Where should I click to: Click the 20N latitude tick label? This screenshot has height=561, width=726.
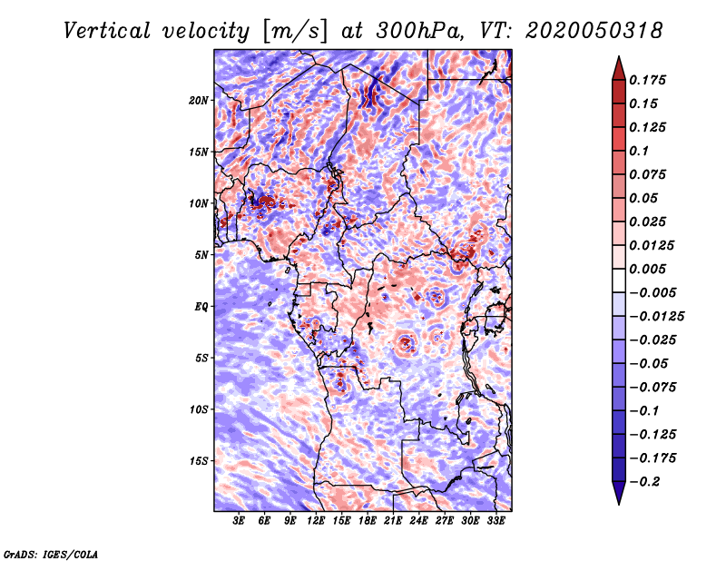(199, 100)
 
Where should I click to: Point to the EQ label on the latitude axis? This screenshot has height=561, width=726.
(201, 307)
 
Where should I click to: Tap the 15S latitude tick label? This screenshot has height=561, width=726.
(199, 461)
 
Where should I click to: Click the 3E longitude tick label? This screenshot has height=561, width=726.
(240, 522)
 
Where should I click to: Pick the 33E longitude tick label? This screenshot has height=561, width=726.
(495, 522)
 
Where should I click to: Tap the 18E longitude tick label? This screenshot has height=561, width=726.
(368, 522)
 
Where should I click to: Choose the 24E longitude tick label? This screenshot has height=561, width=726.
(418, 522)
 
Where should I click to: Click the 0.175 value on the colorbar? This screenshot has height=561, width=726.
(650, 80)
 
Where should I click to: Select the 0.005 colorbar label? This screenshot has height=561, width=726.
(650, 269)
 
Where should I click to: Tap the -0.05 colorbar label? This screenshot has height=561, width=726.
(653, 363)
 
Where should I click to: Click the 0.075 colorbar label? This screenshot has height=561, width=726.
(650, 174)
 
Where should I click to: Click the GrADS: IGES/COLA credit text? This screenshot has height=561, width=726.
(50, 553)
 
